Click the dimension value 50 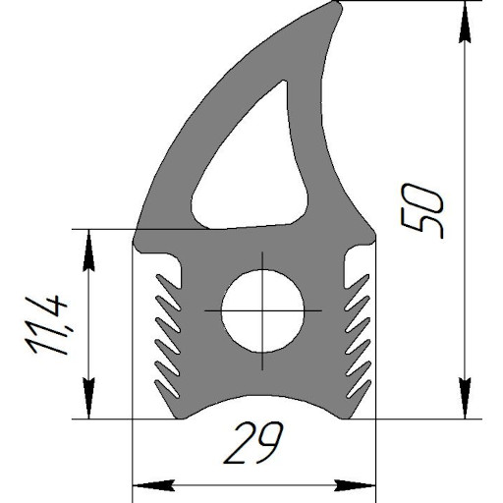point(421,210)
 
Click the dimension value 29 point(252,443)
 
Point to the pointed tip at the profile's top point(337,5)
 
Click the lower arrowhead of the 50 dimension point(465,398)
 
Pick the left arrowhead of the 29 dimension point(153,485)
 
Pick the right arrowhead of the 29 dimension point(355,485)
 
